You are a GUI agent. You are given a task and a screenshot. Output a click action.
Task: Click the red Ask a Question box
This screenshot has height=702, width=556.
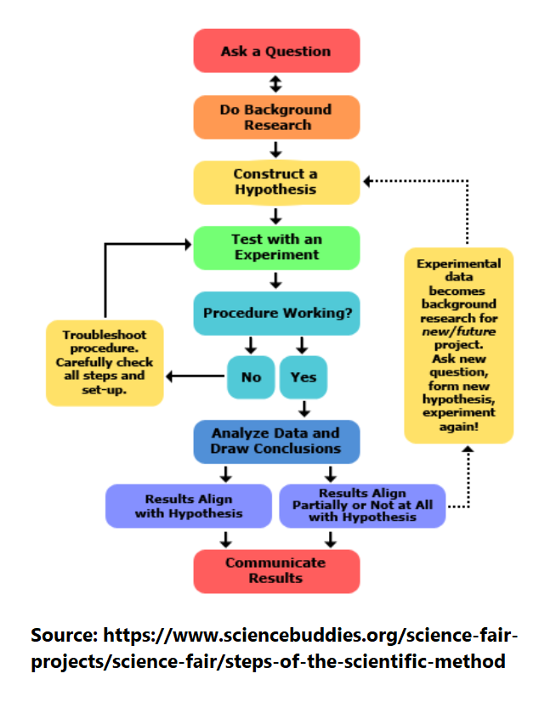coord(276,51)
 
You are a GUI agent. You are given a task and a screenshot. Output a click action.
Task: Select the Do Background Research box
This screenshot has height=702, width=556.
coord(276,116)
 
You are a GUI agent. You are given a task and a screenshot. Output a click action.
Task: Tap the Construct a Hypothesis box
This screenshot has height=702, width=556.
coord(276,182)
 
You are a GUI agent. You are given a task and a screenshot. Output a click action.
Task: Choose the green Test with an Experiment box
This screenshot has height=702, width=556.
coord(276,247)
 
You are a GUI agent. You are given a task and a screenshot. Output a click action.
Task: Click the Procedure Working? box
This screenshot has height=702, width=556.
coord(276,313)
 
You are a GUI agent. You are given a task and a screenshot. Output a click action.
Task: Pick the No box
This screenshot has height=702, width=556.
coord(251,377)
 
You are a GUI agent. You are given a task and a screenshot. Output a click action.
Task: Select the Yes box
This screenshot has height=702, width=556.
coord(304,377)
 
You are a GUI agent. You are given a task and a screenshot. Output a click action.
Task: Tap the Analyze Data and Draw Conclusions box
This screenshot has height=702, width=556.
coord(276,441)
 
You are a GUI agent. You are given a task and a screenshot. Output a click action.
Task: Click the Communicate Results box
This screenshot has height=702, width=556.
coord(276,571)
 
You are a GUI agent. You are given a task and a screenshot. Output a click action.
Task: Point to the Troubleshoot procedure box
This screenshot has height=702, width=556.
coord(105,363)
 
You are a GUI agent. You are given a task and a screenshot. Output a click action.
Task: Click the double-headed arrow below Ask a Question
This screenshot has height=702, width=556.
coord(276,84)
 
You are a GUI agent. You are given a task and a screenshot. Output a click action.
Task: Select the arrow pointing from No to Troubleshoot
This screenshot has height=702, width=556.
coord(196,376)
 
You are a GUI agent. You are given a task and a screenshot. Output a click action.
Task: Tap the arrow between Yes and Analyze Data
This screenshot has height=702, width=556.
coord(304,409)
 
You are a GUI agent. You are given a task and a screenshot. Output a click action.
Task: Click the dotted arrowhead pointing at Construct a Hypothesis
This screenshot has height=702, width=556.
coord(367,181)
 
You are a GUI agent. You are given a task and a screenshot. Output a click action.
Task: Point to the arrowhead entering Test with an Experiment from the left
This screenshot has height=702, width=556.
coord(188,244)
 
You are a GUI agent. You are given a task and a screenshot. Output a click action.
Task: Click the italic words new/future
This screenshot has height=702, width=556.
coord(459,331)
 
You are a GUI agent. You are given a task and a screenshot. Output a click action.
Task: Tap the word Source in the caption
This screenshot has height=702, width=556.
coord(64,635)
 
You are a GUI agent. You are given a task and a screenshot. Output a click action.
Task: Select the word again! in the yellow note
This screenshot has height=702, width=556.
coord(459,427)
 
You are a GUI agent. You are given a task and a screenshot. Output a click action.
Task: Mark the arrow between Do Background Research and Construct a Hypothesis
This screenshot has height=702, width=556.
coord(276,150)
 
